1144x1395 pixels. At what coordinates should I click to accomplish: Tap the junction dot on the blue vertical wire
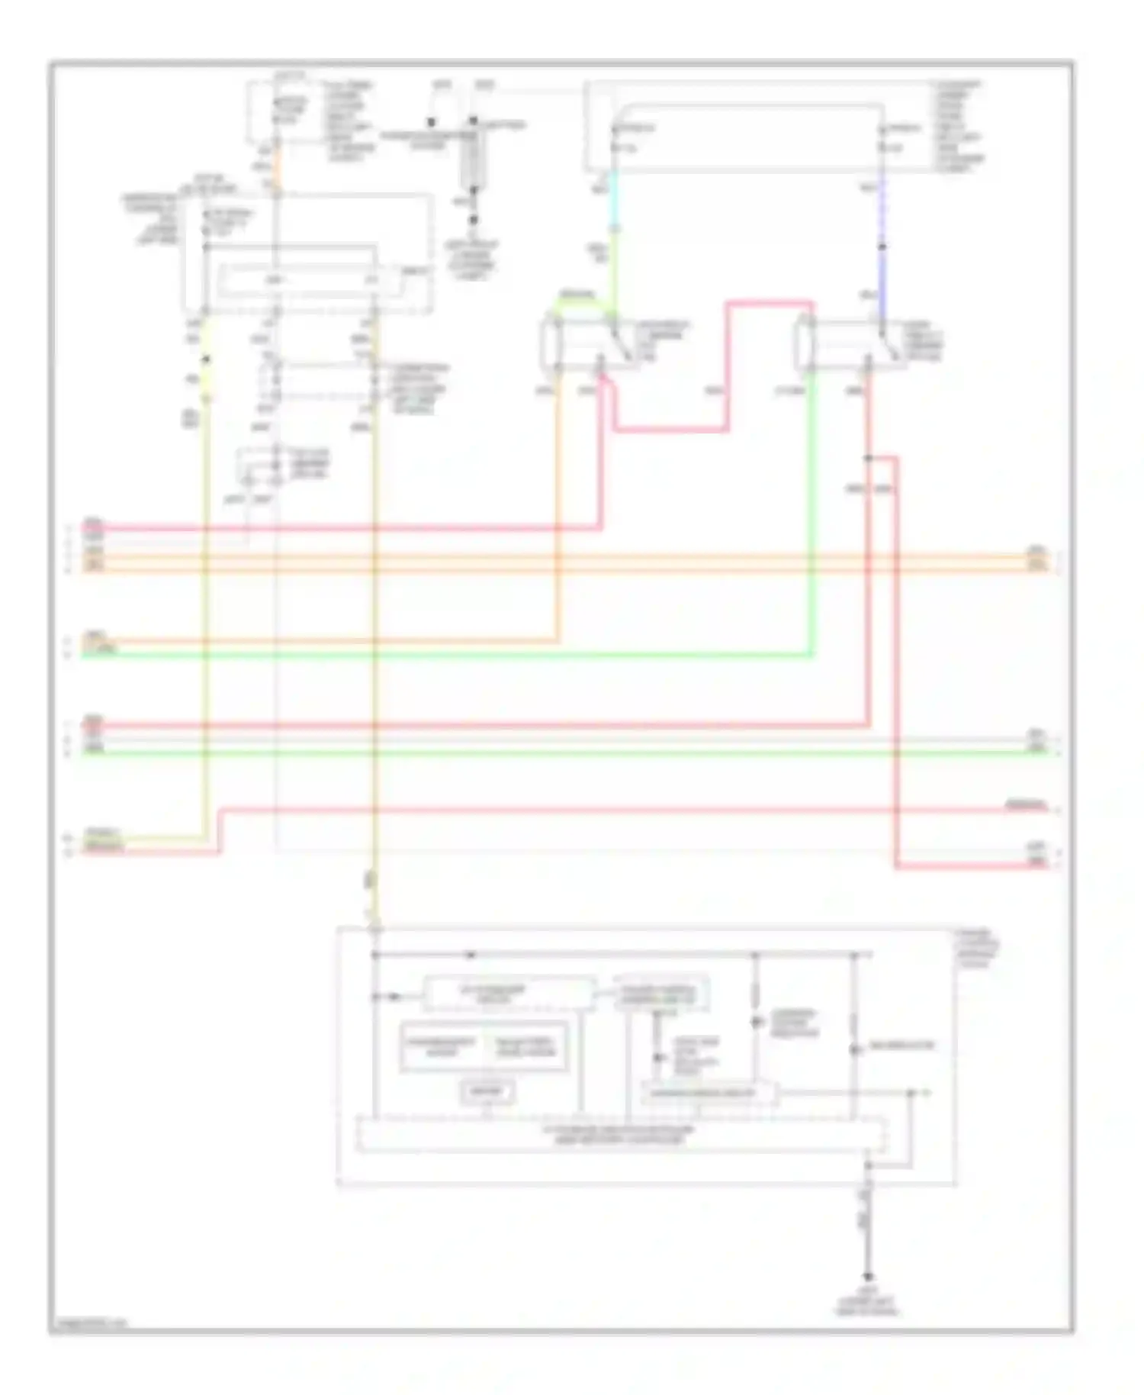(882, 246)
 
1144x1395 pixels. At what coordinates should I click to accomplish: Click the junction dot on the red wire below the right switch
(868, 459)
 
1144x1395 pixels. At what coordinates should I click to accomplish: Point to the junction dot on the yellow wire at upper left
(204, 359)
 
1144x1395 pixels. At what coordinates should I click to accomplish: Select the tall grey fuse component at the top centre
(472, 157)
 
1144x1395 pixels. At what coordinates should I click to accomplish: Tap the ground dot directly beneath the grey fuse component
(473, 220)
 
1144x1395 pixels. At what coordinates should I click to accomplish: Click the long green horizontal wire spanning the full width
(564, 753)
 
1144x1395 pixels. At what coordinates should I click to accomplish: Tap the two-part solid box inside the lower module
(484, 1046)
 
